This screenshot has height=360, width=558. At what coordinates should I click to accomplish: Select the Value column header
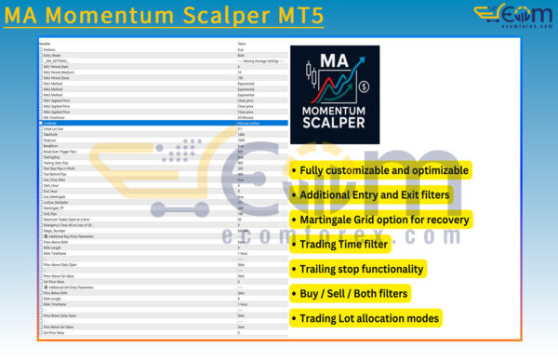click(243, 43)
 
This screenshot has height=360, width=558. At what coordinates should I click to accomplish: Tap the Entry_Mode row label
click(54, 55)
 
